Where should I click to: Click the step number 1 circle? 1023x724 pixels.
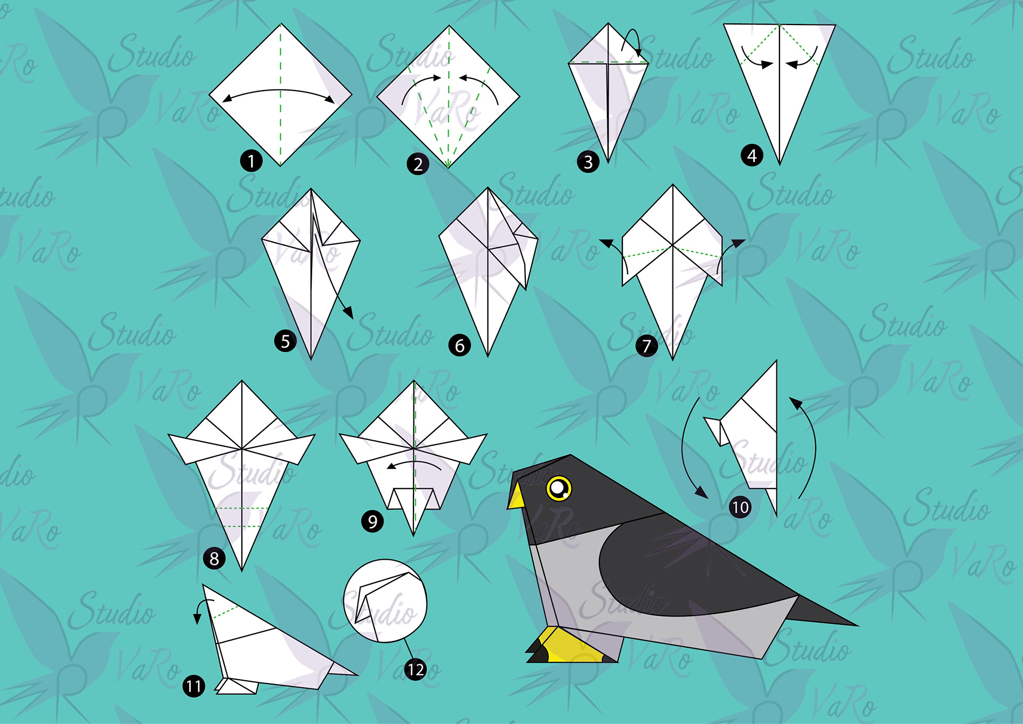point(251,160)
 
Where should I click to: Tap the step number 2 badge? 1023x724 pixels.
point(418,164)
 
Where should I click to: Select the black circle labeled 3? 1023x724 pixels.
point(588,162)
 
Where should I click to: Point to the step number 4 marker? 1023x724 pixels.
point(752,156)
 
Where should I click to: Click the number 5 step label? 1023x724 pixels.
point(285,341)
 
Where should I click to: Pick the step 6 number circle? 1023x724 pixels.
point(459,345)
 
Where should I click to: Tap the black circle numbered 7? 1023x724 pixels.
point(646,346)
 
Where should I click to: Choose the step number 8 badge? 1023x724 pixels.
point(214,558)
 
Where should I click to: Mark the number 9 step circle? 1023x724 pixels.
point(372,521)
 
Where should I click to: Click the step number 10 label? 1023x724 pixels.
point(740,506)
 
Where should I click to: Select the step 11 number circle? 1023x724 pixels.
point(194,686)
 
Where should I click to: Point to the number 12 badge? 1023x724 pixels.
point(416,669)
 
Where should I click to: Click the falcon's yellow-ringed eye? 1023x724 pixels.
point(558,488)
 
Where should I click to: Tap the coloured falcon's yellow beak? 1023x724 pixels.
point(516,495)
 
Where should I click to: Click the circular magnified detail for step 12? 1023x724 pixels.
point(385,601)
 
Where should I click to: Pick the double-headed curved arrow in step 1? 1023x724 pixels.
point(279,91)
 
